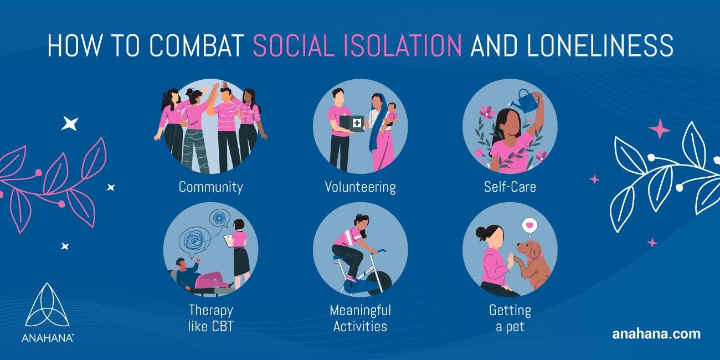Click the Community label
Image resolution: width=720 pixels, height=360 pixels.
[210, 187]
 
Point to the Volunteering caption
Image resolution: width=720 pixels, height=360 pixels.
[360, 187]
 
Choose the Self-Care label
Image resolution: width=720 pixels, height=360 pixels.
[510, 187]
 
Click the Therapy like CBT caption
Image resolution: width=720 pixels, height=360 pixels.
[210, 318]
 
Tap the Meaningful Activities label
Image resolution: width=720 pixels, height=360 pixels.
[360, 318]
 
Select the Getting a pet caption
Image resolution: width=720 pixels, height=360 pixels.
[510, 318]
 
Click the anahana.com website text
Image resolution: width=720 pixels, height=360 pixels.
[656, 334]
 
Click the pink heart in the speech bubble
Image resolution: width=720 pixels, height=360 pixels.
[529, 226]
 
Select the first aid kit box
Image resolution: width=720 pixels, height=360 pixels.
[354, 123]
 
